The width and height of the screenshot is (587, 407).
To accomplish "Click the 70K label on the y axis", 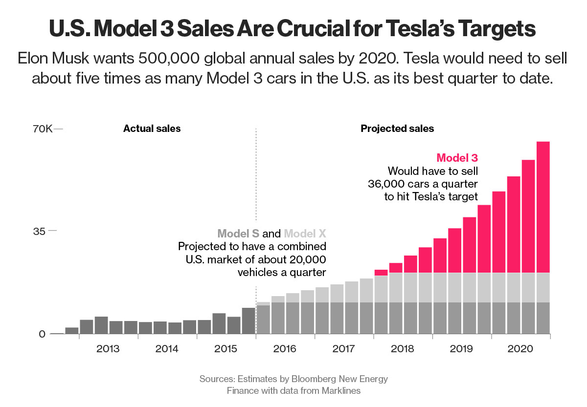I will pos(42,129).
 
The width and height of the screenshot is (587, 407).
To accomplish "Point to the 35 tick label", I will pos(39,231).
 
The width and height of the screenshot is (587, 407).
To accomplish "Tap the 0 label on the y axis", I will pos(42,334).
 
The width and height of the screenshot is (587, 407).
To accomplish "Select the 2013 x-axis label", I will pos(108,349).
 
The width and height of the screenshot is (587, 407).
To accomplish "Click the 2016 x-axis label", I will pos(285,349).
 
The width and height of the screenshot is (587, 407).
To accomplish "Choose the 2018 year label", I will pos(403,349).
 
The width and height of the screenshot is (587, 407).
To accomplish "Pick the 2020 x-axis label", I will pos(520,349).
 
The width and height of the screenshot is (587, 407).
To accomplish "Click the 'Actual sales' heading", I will pos(152,129).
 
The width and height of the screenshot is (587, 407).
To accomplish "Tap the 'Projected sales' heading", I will pos(397,129).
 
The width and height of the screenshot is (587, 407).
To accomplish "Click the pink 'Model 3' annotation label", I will pos(457,158).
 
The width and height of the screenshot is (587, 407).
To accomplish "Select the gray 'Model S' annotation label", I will pos(238,234).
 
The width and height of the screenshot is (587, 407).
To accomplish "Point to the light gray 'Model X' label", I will pos(305,234).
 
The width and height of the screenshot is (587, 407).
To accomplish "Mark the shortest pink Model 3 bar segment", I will pos(381,273).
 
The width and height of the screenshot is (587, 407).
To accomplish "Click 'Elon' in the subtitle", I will pos(34,58).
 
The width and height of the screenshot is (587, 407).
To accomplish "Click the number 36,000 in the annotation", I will pos(391,184).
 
